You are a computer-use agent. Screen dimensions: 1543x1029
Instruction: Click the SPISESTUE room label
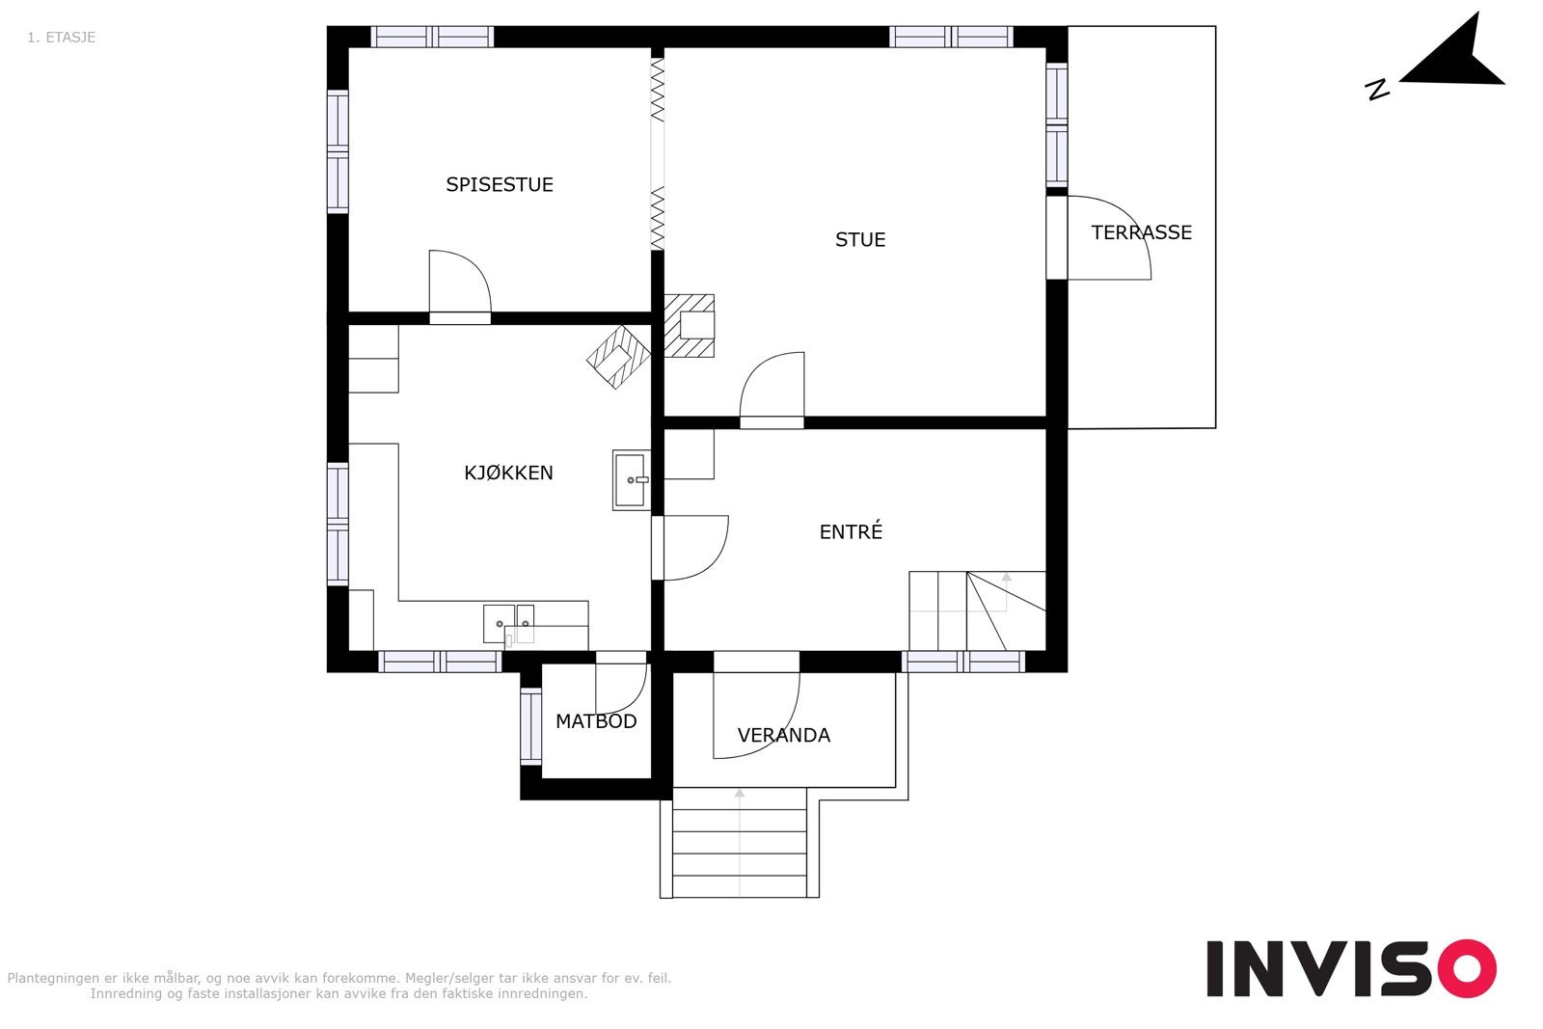[500, 184]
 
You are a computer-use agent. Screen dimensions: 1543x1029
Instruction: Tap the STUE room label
[860, 240]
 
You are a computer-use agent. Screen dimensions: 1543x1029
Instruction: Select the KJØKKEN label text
[508, 473]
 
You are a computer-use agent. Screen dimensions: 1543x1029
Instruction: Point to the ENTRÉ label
[851, 531]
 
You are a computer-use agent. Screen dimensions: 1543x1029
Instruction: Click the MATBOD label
[596, 721]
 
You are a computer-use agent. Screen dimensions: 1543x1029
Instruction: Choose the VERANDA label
[784, 735]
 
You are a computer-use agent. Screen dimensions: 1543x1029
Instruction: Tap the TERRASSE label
[1142, 232]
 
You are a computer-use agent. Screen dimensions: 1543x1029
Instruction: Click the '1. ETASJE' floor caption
[62, 38]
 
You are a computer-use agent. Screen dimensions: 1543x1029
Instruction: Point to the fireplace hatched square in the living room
[689, 326]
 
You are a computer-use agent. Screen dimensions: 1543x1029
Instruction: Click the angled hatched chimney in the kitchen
[618, 358]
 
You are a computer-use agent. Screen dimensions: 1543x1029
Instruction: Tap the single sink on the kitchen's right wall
[631, 480]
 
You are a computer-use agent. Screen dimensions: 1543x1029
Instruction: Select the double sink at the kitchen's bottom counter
[508, 623]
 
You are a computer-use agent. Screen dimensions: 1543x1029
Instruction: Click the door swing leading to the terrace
[1109, 237]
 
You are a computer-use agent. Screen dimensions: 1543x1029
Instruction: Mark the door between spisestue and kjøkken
[460, 286]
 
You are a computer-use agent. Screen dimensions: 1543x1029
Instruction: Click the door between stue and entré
[772, 390]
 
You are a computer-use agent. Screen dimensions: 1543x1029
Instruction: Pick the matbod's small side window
[531, 726]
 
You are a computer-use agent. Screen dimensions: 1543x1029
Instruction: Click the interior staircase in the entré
[978, 610]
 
